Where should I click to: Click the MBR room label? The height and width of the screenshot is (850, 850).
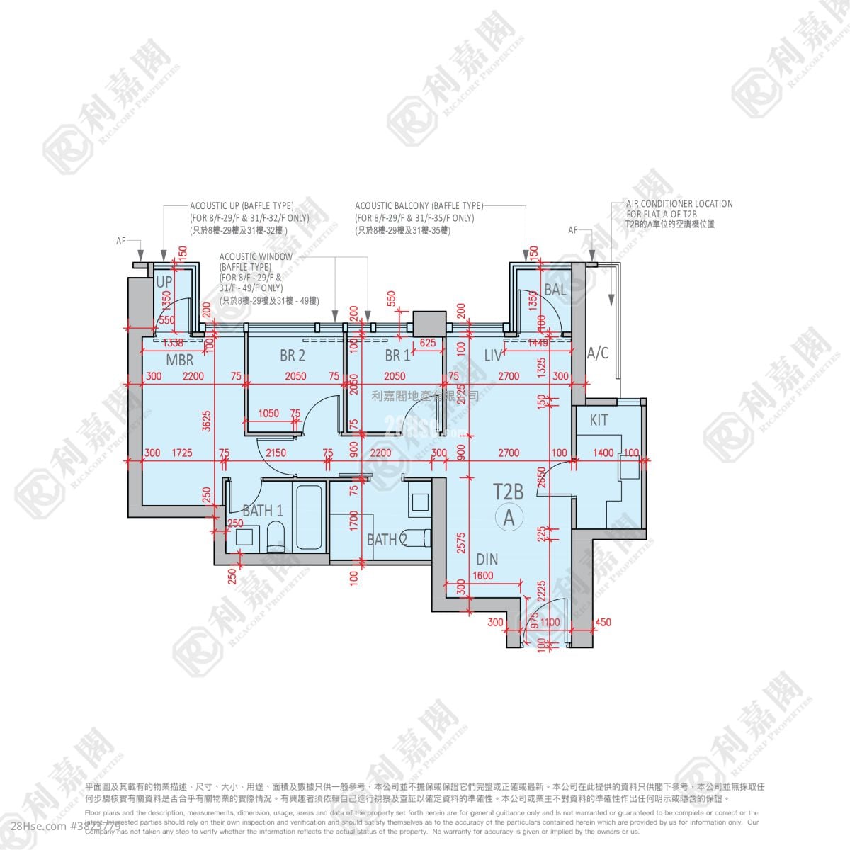[180, 361]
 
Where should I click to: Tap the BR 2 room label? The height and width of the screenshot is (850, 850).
[292, 355]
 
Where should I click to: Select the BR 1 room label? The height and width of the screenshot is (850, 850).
[397, 355]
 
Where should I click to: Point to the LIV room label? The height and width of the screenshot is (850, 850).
[493, 355]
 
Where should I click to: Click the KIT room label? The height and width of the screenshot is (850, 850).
[599, 420]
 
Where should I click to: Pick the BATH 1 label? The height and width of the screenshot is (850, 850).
[263, 510]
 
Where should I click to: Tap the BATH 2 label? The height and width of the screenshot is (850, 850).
[387, 540]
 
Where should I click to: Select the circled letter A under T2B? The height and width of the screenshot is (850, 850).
[509, 517]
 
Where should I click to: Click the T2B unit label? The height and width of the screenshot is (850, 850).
[508, 491]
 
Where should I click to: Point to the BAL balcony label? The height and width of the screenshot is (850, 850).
[555, 290]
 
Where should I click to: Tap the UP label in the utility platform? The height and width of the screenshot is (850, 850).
[164, 282]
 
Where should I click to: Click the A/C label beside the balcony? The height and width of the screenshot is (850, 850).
[599, 353]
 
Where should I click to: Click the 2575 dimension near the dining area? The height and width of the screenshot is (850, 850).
[460, 541]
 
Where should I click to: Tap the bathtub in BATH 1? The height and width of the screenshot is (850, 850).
[310, 515]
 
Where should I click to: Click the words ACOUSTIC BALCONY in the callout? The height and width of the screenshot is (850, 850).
[392, 205]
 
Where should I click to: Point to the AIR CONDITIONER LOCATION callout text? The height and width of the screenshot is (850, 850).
[679, 203]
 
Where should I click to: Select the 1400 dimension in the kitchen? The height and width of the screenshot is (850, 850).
[603, 453]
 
